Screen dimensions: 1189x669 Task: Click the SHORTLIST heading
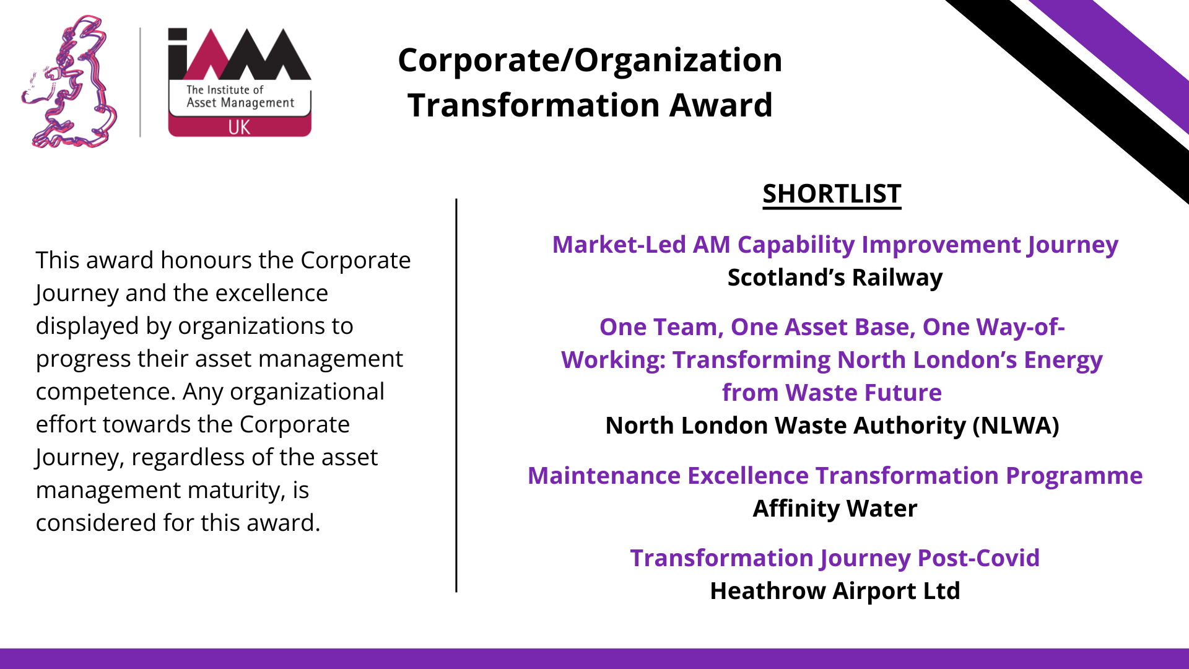(832, 194)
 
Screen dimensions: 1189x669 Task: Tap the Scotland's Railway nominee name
(835, 278)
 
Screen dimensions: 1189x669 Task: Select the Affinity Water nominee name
(835, 509)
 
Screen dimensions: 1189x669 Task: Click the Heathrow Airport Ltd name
(835, 591)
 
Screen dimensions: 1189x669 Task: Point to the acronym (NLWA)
(1016, 426)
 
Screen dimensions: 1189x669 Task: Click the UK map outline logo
(69, 82)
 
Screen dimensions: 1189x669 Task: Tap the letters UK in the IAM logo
(239, 127)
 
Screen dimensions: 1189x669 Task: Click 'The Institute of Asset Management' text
(240, 96)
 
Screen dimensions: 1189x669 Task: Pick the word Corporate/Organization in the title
(590, 60)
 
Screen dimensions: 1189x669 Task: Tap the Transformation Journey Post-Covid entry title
(835, 559)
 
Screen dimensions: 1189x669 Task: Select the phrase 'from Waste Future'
(832, 393)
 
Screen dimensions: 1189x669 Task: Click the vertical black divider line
(456, 395)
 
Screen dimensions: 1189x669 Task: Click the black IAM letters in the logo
(240, 54)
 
